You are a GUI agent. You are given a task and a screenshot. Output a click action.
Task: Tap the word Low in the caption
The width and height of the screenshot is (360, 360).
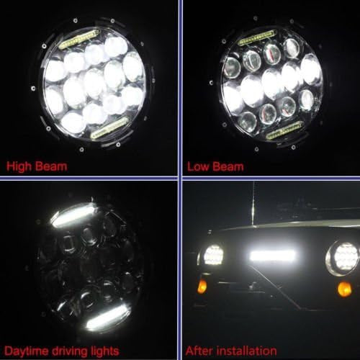pos(198,166)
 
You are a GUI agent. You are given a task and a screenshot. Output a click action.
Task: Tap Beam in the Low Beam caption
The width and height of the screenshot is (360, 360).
pos(228,166)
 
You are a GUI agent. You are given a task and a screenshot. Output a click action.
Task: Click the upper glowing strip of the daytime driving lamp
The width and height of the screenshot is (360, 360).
pos(72,215)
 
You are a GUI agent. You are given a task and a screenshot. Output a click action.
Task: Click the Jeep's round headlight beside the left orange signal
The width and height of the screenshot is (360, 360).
pos(214,254)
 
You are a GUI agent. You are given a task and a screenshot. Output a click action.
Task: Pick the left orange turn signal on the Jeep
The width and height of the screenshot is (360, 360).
pos(202,286)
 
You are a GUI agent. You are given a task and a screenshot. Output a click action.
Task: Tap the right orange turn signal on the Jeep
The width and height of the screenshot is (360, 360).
pos(345,288)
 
